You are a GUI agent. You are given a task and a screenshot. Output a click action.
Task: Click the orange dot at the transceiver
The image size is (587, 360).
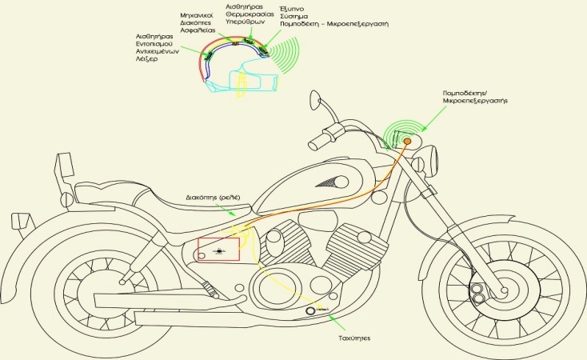407,142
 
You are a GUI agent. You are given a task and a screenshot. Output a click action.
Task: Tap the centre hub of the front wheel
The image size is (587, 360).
504,282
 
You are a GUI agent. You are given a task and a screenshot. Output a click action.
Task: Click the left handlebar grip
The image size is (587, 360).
317,142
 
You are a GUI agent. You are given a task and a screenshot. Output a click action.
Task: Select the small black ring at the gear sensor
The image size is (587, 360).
310,310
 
